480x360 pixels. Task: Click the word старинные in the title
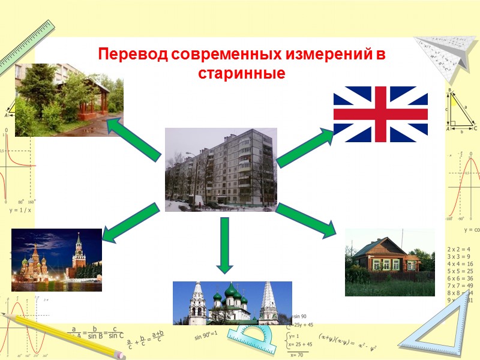(x=241, y=74)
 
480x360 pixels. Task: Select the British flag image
(x=380, y=114)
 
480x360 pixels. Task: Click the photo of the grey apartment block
(x=221, y=169)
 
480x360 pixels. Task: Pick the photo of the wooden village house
(x=389, y=262)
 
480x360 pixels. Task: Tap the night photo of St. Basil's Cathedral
(x=56, y=260)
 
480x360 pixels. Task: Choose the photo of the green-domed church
(x=232, y=303)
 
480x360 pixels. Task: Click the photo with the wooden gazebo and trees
(x=69, y=100)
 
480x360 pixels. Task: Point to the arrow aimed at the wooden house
(x=306, y=220)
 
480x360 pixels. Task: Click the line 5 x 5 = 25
(x=460, y=271)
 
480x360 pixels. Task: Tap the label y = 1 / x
(x=20, y=211)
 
